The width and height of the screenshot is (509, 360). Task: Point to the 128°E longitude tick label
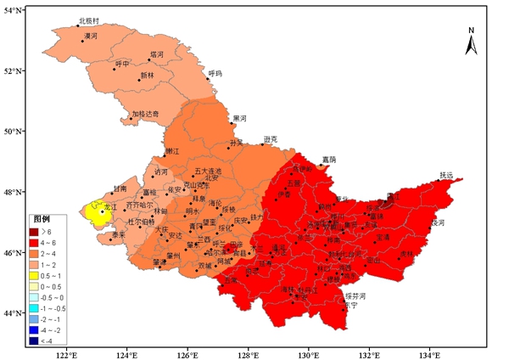(x=249, y=354)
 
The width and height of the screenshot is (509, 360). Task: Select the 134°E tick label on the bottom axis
(x=430, y=354)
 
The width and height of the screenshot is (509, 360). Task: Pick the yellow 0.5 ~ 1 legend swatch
(x=42, y=275)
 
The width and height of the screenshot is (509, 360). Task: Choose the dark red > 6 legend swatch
(x=42, y=231)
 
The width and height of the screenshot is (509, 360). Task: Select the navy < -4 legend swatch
(x=42, y=340)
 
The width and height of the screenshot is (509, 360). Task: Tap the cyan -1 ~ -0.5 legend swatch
(x=42, y=307)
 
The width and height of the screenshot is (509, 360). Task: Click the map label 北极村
(x=89, y=20)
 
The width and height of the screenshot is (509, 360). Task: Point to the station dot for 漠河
(x=83, y=41)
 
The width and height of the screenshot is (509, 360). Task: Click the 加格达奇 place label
(x=145, y=113)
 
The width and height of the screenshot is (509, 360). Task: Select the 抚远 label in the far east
(x=447, y=175)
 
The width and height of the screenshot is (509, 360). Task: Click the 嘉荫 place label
(x=328, y=160)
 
